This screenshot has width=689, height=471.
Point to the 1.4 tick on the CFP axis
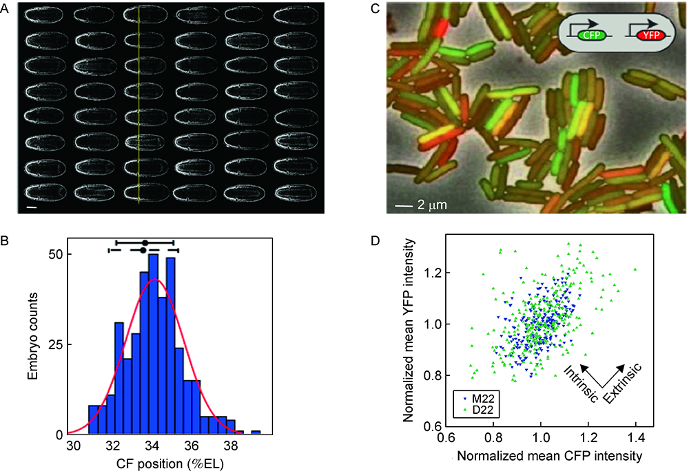point(635,437)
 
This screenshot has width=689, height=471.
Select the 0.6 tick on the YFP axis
point(435,428)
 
